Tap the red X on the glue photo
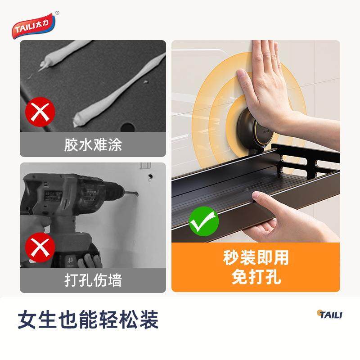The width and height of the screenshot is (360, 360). coord(40,113)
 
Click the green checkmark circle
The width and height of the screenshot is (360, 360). coord(203,221)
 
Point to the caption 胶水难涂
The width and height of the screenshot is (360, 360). coord(93,145)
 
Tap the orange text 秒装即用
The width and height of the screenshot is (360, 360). coord(256,258)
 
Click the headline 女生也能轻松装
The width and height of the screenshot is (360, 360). coord(88,320)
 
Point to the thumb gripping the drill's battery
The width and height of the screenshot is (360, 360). coord(90,261)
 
